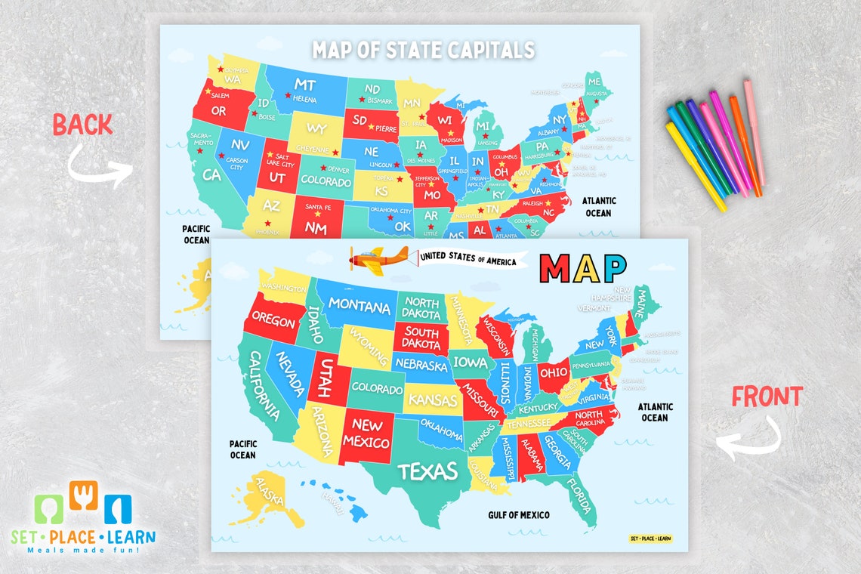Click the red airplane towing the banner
click(378, 261)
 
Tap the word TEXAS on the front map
click(428, 471)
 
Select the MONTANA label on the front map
click(359, 306)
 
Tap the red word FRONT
click(767, 397)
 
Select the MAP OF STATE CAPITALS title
click(423, 50)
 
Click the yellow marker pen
click(695, 166)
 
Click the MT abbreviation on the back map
click(305, 85)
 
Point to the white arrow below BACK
click(98, 168)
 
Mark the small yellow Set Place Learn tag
click(650, 539)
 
